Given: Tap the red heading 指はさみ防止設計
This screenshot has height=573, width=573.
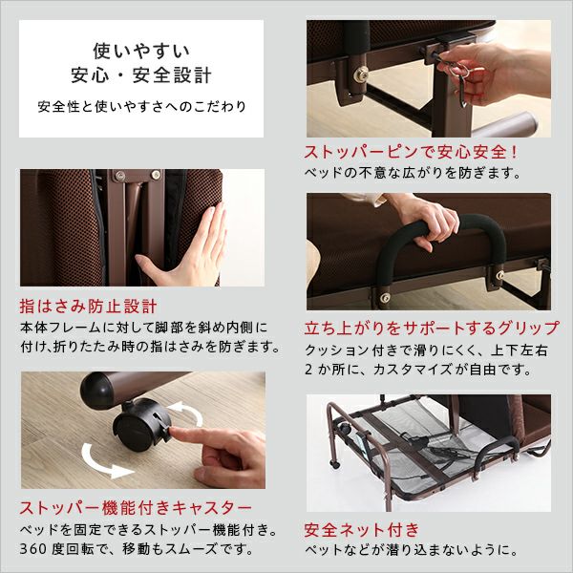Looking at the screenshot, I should (88, 308).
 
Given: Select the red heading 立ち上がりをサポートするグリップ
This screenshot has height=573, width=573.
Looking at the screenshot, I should (432, 328).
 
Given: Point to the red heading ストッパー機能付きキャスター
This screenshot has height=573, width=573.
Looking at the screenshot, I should (136, 506).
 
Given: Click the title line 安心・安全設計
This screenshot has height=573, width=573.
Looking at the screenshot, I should (141, 74).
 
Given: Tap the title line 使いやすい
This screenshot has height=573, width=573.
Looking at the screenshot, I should (141, 49).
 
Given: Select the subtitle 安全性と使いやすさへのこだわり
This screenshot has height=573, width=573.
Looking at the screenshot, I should (141, 105).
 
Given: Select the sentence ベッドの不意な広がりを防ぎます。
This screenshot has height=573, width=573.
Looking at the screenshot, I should (413, 174).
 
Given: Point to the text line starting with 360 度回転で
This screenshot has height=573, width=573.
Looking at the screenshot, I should (136, 549).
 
